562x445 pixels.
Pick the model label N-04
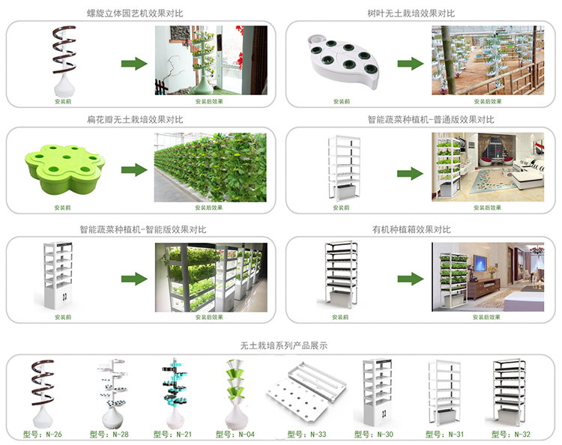(x=240, y=434)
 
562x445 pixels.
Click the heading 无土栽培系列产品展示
(x=283, y=346)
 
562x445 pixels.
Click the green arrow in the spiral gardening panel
(x=133, y=63)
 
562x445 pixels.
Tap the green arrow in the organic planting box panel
(x=411, y=279)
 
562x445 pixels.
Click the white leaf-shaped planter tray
(x=345, y=62)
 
